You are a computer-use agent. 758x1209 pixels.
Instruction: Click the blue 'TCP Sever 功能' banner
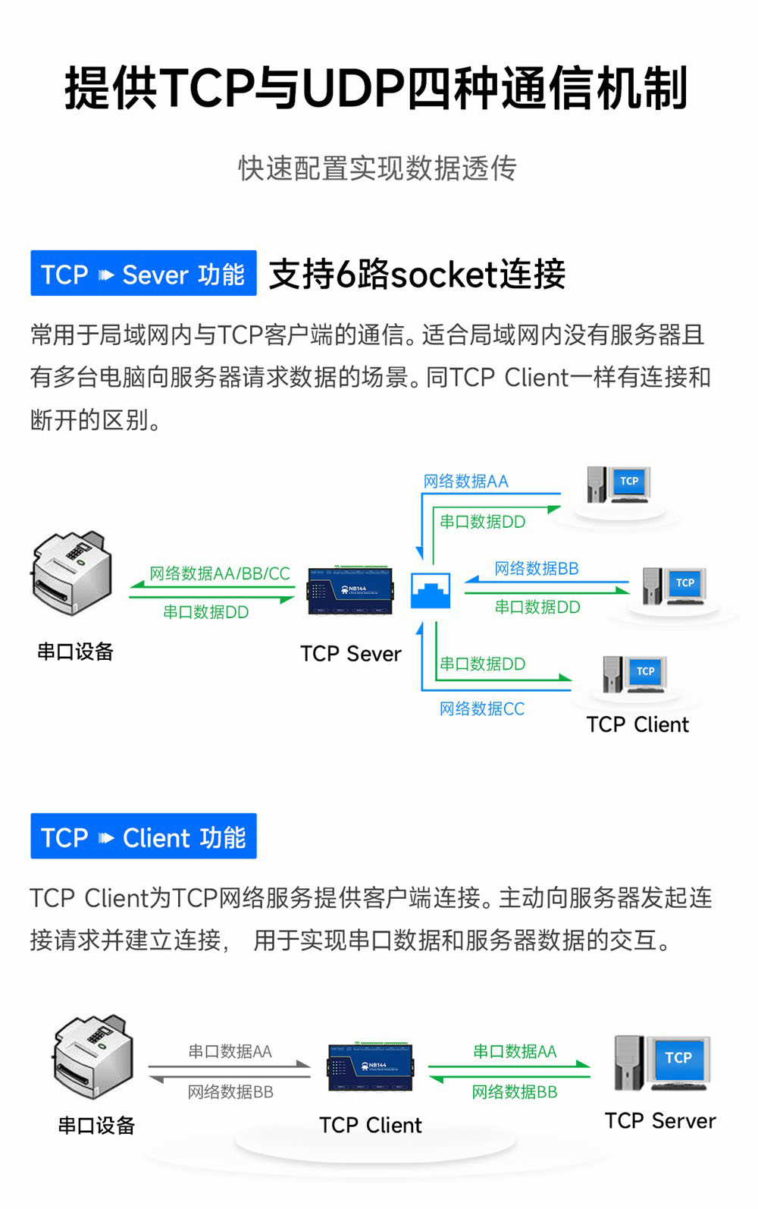click(x=143, y=273)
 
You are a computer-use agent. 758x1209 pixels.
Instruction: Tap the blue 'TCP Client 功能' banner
click(x=143, y=837)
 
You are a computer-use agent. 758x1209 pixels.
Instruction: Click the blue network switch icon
click(x=430, y=591)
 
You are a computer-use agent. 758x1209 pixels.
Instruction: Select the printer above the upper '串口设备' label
click(x=72, y=572)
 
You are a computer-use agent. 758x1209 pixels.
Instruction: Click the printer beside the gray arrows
click(x=94, y=1057)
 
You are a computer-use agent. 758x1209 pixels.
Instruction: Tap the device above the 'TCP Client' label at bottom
click(x=370, y=1066)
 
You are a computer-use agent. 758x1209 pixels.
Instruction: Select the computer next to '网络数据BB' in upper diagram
click(x=674, y=586)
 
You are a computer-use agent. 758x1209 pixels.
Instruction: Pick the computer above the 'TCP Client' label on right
click(x=634, y=674)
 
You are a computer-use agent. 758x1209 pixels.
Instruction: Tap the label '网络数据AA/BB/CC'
click(x=220, y=573)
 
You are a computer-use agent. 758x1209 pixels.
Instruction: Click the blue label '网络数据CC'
click(x=482, y=709)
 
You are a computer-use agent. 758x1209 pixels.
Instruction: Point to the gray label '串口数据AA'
click(x=230, y=1052)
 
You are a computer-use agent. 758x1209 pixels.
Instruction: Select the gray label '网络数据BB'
click(x=230, y=1092)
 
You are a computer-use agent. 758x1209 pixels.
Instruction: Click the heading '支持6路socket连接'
click(x=418, y=275)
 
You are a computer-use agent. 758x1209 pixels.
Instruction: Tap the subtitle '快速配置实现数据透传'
click(x=377, y=168)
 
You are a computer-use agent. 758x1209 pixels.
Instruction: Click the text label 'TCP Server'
click(x=660, y=1121)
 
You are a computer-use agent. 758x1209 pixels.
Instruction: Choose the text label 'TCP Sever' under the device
click(x=350, y=654)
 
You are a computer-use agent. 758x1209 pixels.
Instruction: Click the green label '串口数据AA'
click(x=515, y=1051)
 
